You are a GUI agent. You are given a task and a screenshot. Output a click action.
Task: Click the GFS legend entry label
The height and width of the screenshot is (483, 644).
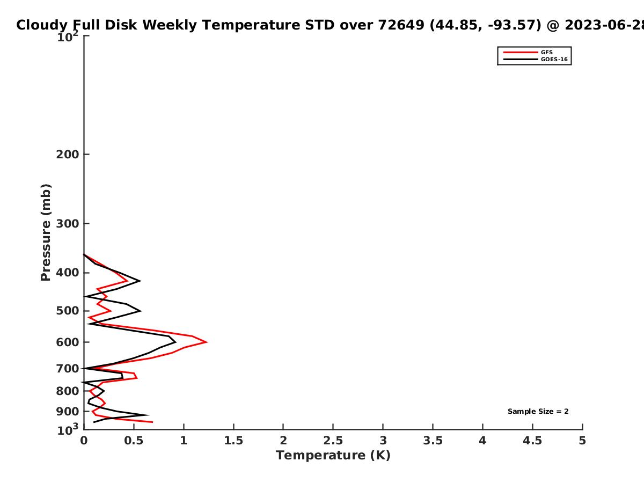click(x=546, y=53)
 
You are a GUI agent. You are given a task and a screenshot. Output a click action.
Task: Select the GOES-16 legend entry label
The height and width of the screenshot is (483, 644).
click(x=554, y=60)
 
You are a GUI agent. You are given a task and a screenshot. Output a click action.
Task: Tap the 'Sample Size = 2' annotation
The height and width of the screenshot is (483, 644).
click(x=538, y=412)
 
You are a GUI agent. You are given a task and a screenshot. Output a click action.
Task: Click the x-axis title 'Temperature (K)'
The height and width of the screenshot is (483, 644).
click(x=333, y=456)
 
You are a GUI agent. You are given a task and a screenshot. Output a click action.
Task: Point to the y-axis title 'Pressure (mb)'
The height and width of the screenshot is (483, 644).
click(x=46, y=232)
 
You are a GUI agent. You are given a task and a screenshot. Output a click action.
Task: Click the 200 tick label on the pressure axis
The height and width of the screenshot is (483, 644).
click(x=68, y=154)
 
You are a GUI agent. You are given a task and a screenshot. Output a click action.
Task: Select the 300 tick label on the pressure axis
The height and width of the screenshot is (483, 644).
click(x=68, y=224)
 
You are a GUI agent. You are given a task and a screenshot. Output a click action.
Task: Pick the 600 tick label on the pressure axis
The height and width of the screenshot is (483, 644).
click(x=68, y=342)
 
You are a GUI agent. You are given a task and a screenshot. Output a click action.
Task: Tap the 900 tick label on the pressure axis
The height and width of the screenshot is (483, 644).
click(x=68, y=412)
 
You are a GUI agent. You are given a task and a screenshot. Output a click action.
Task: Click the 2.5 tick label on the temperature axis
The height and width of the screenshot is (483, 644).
click(x=333, y=441)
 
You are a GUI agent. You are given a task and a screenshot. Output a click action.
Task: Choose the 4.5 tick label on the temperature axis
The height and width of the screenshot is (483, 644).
click(x=532, y=441)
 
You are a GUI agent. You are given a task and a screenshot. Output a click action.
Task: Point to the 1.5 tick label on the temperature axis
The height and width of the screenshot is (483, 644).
click(x=233, y=441)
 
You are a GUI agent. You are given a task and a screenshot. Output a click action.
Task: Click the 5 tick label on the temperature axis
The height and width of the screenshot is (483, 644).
click(x=582, y=441)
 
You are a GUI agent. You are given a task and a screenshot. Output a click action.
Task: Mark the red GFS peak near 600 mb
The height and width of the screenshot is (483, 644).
click(x=207, y=342)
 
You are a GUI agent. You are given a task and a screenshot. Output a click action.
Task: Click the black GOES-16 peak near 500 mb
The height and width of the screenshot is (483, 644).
click(x=141, y=311)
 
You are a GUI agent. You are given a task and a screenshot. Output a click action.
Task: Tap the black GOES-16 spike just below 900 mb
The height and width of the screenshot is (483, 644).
click(x=149, y=415)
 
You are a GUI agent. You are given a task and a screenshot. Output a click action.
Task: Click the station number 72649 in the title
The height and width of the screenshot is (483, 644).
click(x=401, y=25)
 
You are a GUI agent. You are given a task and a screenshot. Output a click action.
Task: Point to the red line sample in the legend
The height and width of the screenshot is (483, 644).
click(x=521, y=53)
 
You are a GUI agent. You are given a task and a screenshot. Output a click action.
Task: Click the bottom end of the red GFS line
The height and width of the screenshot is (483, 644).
click(x=152, y=422)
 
